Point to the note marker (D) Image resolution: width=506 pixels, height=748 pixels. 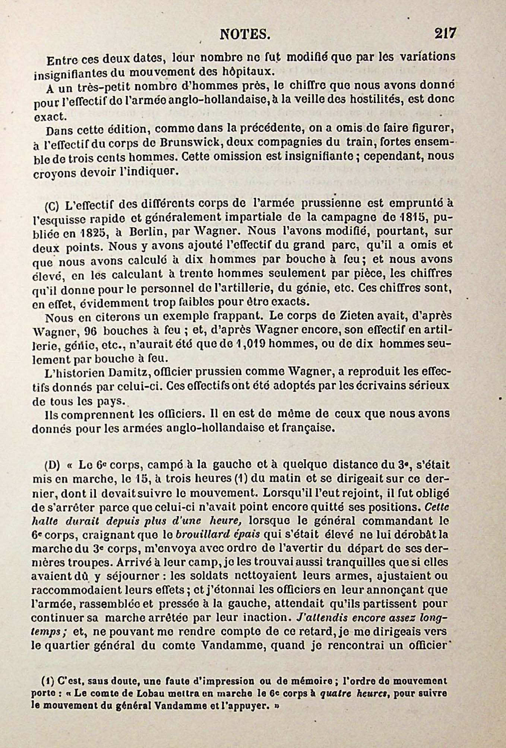(x=50, y=466)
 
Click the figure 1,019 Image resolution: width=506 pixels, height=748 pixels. (x=249, y=344)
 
